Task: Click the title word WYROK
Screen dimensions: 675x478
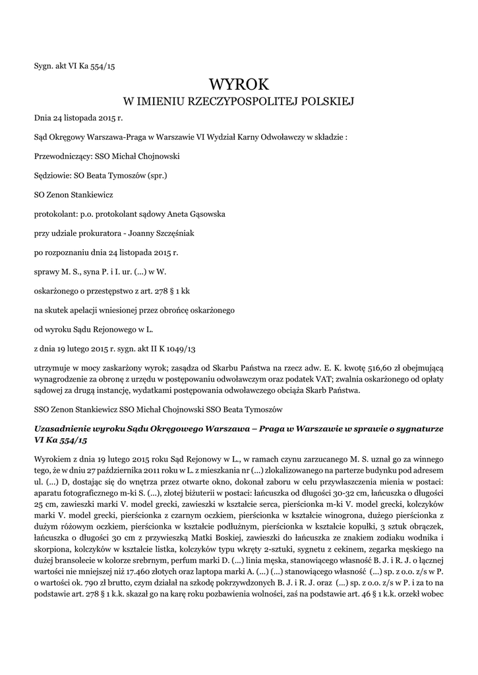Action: tap(239, 84)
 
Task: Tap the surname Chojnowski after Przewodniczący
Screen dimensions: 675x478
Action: tap(156, 157)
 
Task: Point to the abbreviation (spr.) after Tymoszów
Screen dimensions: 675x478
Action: tap(156, 176)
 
